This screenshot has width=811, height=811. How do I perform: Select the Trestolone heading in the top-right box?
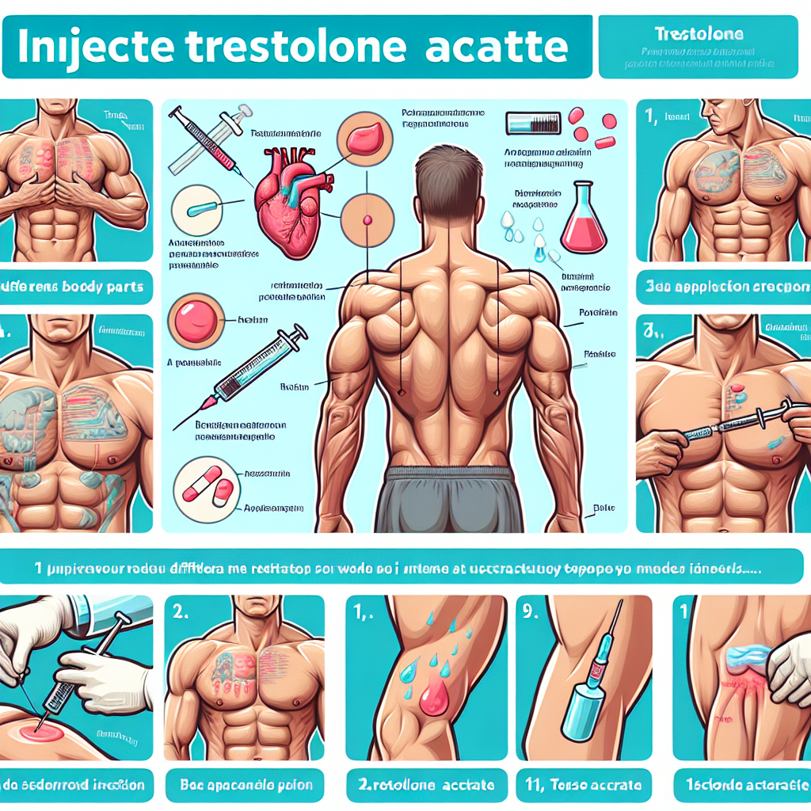(699, 35)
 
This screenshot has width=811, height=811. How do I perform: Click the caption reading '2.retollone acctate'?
(425, 785)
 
